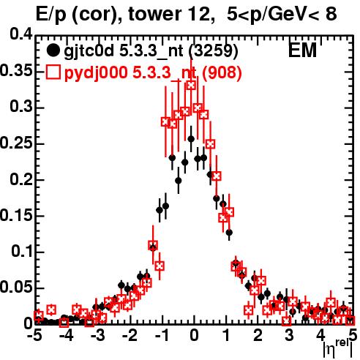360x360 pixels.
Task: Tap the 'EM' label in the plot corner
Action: point(302,50)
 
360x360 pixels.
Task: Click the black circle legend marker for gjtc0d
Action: point(53,50)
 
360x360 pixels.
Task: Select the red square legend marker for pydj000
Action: point(53,72)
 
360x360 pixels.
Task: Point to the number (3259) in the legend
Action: point(213,51)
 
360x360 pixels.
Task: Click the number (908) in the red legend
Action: point(222,72)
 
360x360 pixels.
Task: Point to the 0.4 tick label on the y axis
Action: point(21,34)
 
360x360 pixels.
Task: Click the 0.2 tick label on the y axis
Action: point(21,180)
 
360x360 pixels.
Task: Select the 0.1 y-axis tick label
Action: point(22,252)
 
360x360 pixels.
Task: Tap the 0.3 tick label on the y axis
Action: point(21,107)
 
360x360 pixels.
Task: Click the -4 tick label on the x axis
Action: point(67,335)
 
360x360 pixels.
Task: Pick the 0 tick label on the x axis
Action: point(194,335)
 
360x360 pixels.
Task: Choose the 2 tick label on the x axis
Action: point(258,335)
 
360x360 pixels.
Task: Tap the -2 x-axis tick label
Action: point(130,335)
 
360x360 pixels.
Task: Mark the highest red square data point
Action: point(191,86)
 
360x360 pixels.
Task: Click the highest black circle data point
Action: point(191,139)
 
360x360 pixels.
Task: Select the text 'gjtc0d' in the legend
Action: point(89,51)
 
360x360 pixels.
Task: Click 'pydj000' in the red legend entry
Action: point(96,73)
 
